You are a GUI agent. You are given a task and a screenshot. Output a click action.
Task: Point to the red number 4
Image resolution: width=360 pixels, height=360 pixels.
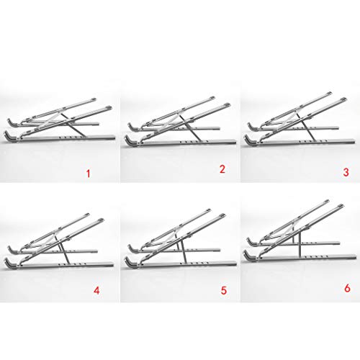[95, 292]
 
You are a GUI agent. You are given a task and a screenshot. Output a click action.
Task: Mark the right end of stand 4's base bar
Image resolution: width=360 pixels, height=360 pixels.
[113, 261]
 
